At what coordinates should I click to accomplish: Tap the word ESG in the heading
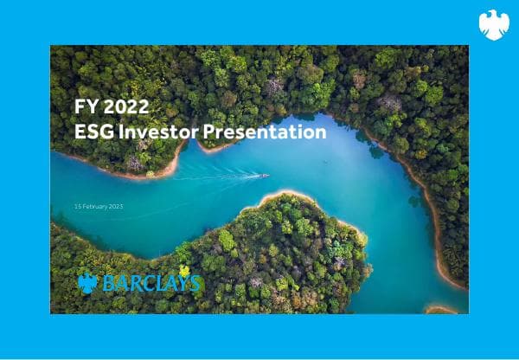(x=94, y=132)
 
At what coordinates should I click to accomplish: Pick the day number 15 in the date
(x=78, y=207)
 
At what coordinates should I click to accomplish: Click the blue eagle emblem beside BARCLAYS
(x=87, y=283)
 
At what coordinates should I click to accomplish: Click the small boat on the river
(x=265, y=176)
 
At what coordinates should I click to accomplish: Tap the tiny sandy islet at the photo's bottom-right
(x=440, y=308)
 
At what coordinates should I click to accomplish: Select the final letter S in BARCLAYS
(x=196, y=283)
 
